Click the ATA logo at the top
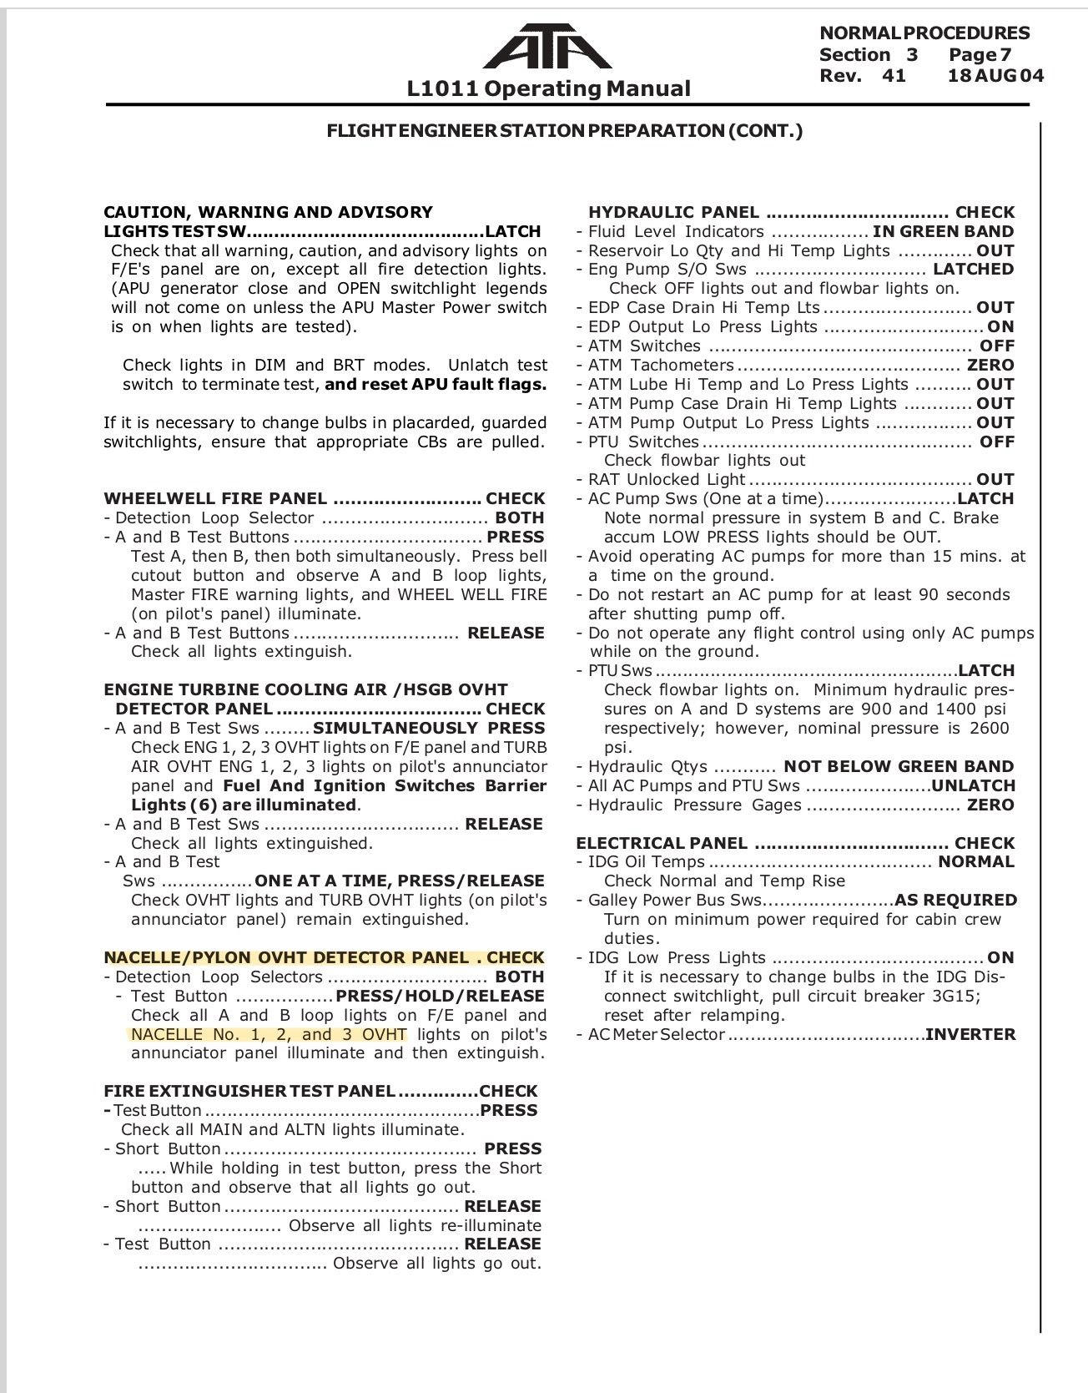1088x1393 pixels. tap(547, 47)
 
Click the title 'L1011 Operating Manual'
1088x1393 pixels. tap(548, 88)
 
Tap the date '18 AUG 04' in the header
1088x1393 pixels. tap(995, 76)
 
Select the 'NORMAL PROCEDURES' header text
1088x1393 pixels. tap(924, 33)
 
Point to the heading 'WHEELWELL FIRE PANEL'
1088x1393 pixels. tap(215, 499)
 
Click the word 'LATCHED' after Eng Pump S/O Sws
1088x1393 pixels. tap(973, 270)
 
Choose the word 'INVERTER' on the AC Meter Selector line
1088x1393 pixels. tap(970, 1035)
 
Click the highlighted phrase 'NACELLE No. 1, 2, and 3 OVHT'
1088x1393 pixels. tap(269, 1035)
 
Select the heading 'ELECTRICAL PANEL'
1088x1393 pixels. tap(662, 843)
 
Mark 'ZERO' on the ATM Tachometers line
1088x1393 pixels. tap(990, 366)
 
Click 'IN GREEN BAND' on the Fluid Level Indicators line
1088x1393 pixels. tap(943, 232)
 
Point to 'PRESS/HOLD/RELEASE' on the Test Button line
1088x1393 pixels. tap(440, 997)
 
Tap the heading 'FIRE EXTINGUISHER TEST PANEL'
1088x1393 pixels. tap(249, 1092)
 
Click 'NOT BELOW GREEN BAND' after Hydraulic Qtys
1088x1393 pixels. tap(899, 767)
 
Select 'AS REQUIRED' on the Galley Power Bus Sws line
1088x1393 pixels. tap(955, 901)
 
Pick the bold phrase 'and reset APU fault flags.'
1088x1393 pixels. tap(436, 385)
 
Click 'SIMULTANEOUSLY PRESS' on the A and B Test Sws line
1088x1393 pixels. tap(429, 729)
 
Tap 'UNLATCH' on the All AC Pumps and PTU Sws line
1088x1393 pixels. tap(973, 786)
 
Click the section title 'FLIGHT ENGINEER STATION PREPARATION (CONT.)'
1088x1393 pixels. tap(564, 131)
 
